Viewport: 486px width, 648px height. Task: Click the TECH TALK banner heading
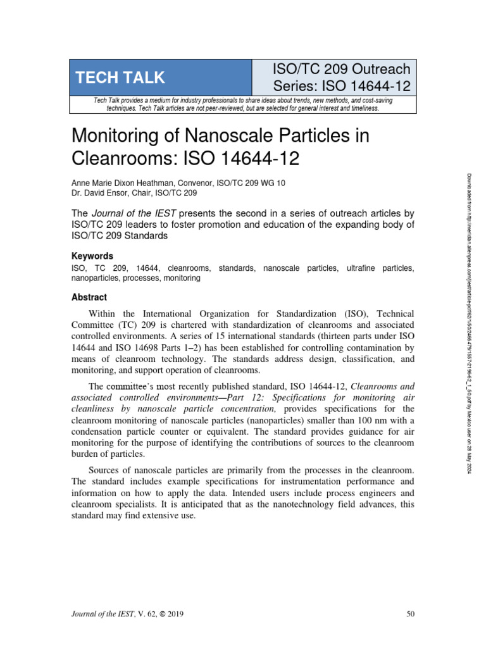point(120,78)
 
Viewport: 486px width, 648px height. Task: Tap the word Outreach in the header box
point(377,69)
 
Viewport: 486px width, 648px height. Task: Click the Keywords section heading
point(92,256)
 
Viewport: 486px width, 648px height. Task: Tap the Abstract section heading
point(89,297)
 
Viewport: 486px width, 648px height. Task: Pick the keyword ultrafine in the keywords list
point(363,268)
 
